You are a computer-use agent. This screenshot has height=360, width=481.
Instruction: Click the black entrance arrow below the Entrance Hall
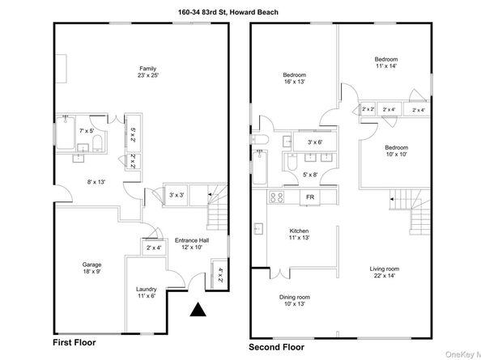tap(197, 310)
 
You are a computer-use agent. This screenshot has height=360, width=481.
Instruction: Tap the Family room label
tap(147, 72)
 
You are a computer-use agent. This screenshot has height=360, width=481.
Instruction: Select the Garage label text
tap(91, 268)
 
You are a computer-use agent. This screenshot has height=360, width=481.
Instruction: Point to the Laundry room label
tap(146, 293)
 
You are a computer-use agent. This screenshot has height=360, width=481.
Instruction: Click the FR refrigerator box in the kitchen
tap(309, 197)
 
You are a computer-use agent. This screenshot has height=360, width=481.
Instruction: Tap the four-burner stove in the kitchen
tap(275, 197)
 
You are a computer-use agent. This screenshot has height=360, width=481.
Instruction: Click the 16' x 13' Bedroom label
tap(294, 78)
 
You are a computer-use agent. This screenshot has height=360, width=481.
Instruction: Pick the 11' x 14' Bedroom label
tap(386, 63)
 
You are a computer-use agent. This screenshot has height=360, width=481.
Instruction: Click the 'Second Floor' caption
tap(277, 345)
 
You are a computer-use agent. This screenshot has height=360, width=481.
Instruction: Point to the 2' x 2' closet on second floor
tap(368, 110)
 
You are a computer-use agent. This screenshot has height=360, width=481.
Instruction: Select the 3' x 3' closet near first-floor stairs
tap(176, 194)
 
